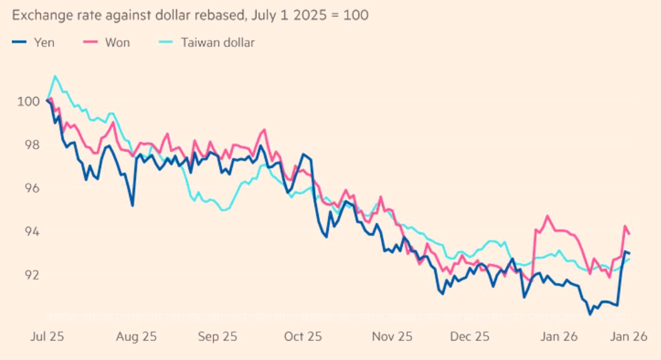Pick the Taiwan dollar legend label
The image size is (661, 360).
click(219, 42)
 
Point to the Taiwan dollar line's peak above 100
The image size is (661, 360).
click(55, 76)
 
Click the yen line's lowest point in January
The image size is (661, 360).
click(590, 313)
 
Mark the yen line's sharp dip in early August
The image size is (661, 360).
click(132, 205)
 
